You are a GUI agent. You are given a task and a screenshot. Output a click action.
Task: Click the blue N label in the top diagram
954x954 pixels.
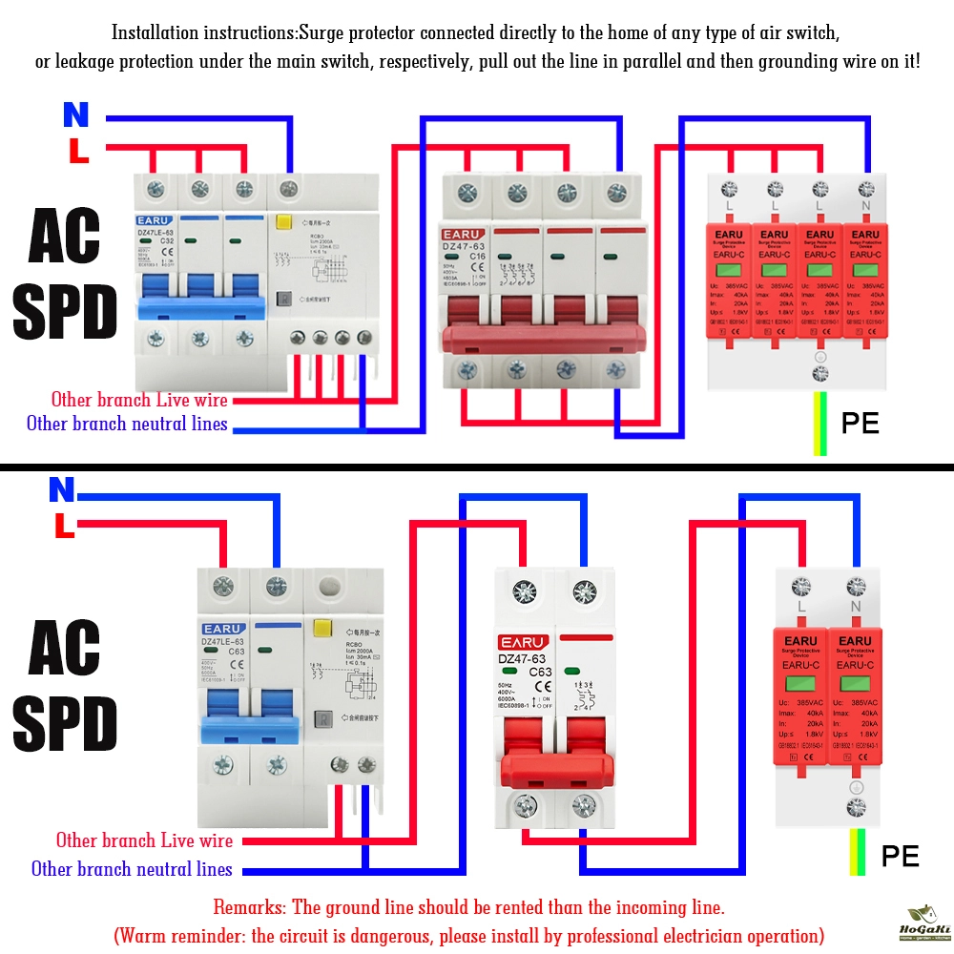(75, 114)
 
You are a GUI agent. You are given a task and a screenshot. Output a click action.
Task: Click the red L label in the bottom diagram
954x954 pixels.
(64, 526)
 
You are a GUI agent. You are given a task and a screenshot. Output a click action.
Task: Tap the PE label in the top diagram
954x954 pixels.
(860, 424)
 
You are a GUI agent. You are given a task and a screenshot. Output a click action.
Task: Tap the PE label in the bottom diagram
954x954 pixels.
(900, 856)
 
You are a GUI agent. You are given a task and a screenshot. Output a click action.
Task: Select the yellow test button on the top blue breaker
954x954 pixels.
(283, 223)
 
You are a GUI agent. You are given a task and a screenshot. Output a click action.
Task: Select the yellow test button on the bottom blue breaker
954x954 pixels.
(321, 630)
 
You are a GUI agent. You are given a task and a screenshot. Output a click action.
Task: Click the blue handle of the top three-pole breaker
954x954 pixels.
(199, 307)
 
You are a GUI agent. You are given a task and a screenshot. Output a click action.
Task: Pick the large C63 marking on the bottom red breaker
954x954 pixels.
(541, 672)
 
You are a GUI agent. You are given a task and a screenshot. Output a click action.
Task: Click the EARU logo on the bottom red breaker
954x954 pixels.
(524, 641)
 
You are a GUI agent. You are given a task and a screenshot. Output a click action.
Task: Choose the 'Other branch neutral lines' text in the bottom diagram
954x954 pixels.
(132, 869)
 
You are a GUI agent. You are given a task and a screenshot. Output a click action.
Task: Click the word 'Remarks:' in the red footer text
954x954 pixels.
(250, 906)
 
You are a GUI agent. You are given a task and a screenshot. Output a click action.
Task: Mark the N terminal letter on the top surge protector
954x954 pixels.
(866, 205)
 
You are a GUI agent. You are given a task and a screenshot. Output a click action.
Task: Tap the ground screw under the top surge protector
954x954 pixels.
(819, 372)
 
